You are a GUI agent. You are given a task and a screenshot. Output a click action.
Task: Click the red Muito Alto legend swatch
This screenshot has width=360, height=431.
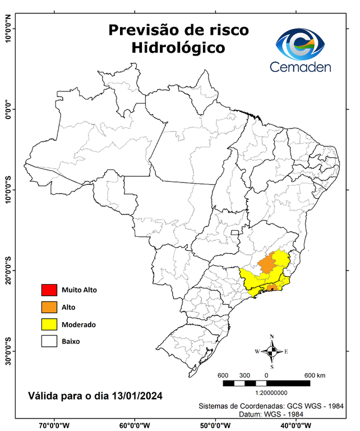coord(49,290)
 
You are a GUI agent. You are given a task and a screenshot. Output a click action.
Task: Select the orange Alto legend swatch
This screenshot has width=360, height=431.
coord(49,307)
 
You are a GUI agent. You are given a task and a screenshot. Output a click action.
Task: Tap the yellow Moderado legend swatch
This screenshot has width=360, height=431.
coord(49,324)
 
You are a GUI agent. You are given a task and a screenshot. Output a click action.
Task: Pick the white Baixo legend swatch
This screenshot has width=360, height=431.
coord(49,341)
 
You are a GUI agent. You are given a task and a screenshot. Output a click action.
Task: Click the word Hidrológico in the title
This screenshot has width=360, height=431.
coord(178,48)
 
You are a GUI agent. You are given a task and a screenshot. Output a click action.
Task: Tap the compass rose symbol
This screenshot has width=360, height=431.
coord(271,352)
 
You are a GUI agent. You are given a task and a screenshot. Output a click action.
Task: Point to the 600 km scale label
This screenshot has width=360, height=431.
coord(315,375)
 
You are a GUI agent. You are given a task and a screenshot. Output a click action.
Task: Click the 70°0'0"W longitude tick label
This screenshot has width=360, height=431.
coord(54,425)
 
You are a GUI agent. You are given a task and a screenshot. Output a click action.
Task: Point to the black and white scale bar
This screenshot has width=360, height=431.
coord(266,383)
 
